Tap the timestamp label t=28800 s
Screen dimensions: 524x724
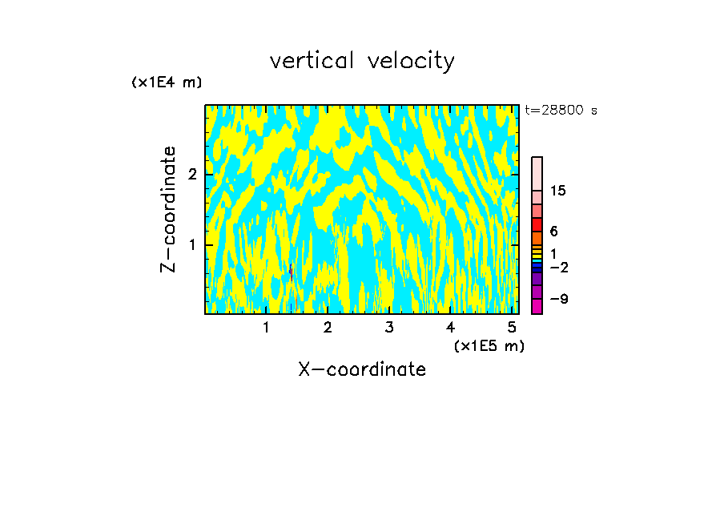tap(561, 111)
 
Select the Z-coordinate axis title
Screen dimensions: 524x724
tap(169, 209)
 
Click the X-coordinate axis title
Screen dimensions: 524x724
tap(362, 369)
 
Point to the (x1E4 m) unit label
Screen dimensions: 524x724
tap(167, 83)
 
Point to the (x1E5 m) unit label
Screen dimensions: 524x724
tap(489, 345)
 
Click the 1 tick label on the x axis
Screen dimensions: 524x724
tap(267, 327)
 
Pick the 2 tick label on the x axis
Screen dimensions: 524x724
tap(328, 327)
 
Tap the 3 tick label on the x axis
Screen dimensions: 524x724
tap(389, 327)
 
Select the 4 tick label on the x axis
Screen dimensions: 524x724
tap(451, 327)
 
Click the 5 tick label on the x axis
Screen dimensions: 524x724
tap(512, 327)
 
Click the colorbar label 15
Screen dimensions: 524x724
tap(558, 191)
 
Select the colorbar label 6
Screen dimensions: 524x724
tap(553, 231)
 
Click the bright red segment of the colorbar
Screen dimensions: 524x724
tap(537, 224)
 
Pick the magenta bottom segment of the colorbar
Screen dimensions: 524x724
tap(537, 306)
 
